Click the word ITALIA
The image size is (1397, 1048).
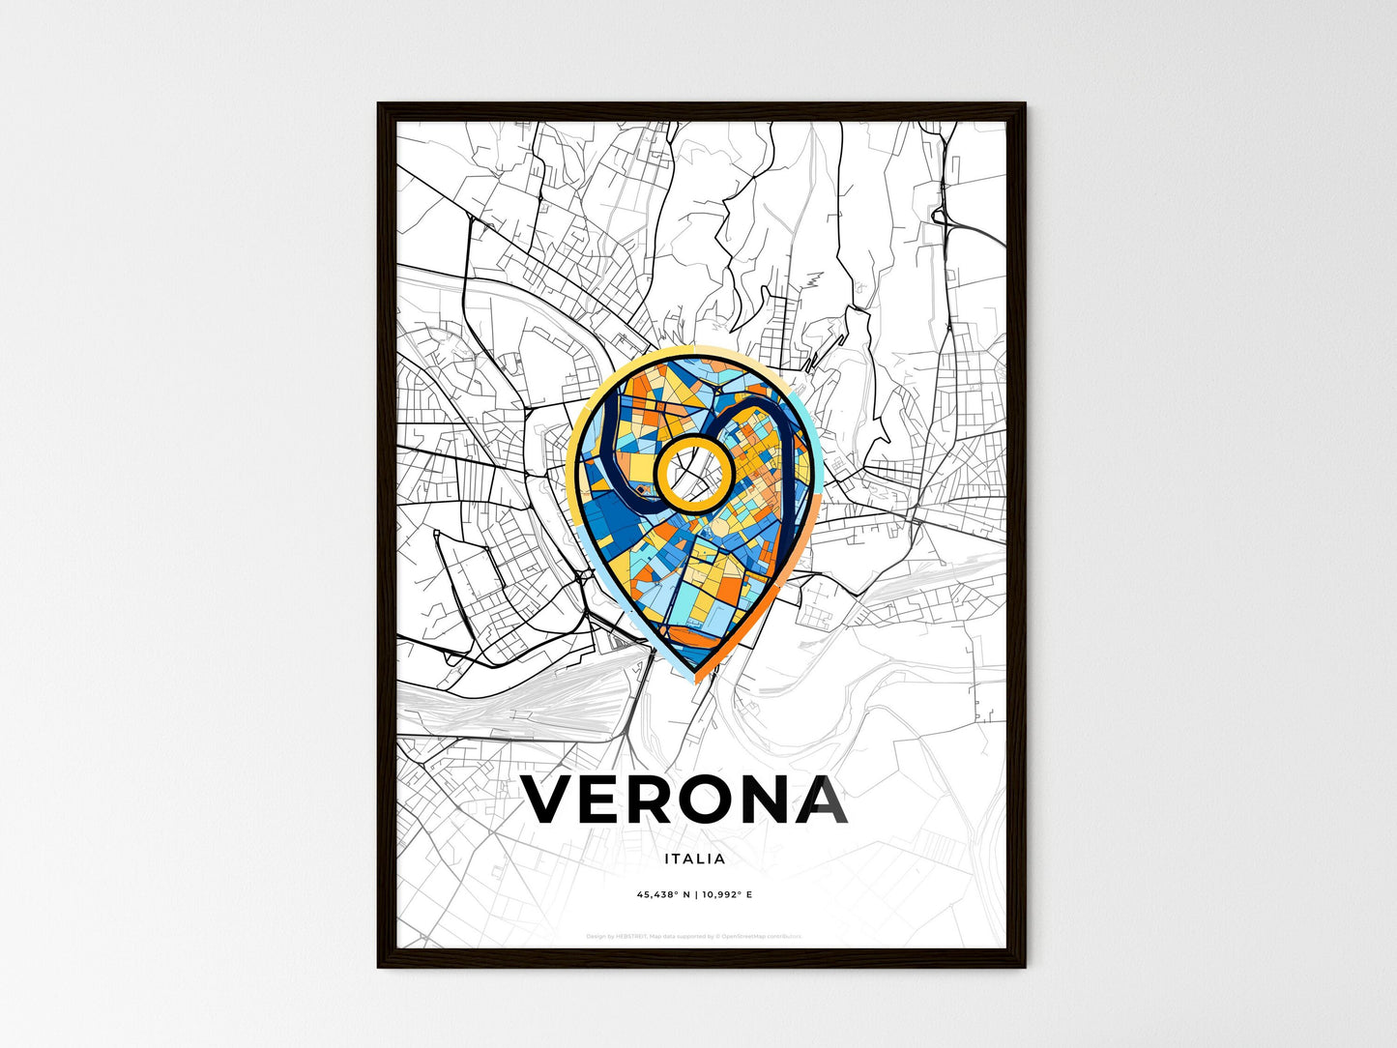click(695, 859)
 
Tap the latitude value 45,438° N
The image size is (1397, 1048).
click(662, 895)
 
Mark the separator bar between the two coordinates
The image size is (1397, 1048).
click(695, 895)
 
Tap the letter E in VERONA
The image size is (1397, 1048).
click(605, 801)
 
